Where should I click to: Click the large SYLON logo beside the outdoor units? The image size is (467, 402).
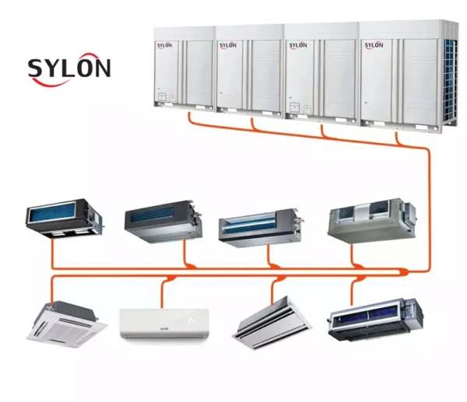[x=69, y=69]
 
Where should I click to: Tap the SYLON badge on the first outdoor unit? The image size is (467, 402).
[x=164, y=45]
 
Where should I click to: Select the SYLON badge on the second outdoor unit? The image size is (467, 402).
[x=228, y=45]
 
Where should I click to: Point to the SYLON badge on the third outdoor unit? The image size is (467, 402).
[x=298, y=45]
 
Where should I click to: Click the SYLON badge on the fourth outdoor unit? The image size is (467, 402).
[x=374, y=45]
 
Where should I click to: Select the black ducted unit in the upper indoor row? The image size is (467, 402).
[x=64, y=218]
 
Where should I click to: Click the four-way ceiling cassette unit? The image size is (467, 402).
[x=67, y=324]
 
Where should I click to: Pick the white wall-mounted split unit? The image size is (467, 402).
[x=164, y=323]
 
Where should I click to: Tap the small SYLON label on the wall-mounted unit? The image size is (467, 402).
[x=164, y=328]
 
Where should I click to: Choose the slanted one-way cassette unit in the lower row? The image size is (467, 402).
[x=272, y=323]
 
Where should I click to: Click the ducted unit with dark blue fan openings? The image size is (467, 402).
[x=375, y=320]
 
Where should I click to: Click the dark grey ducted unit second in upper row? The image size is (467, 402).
[x=163, y=222]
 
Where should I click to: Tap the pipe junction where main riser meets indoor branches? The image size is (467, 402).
[x=404, y=271]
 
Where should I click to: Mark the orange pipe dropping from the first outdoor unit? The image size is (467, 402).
[x=189, y=117]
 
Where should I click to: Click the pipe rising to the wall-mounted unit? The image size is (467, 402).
[x=163, y=294]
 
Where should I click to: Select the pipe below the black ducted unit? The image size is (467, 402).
[x=53, y=253]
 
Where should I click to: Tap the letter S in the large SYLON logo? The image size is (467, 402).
[x=37, y=68]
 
